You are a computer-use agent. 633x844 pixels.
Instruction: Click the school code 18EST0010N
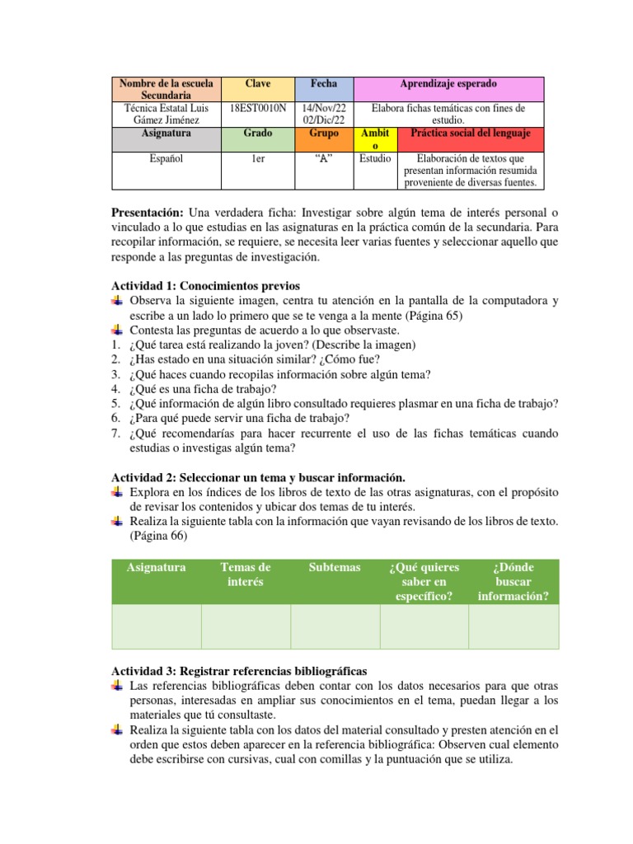click(259, 108)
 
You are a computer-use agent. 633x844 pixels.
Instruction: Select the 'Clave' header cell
click(258, 84)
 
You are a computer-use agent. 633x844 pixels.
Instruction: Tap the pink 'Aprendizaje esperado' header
click(448, 84)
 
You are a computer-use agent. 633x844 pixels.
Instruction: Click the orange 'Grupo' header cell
click(323, 133)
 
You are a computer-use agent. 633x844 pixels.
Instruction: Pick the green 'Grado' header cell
click(258, 133)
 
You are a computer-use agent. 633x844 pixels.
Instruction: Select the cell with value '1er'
click(258, 158)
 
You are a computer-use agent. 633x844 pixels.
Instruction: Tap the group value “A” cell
click(323, 158)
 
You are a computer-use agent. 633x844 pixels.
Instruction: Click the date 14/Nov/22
click(324, 108)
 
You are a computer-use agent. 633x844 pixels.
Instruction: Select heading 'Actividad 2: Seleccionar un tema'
click(258, 477)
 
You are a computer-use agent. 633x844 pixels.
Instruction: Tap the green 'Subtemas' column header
click(335, 567)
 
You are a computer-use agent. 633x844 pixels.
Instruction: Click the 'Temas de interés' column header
click(245, 574)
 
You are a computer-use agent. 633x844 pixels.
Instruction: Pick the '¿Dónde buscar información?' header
click(513, 582)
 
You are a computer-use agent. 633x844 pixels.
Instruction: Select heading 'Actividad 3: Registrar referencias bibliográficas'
click(239, 671)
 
